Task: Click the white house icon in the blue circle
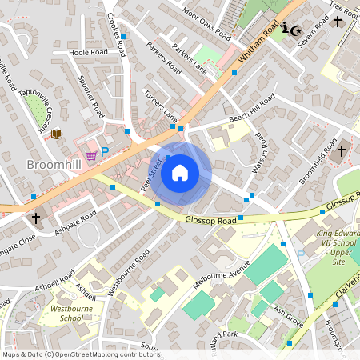pos(180,173)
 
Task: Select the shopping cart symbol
pos(91,155)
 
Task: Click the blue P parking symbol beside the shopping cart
pos(104,150)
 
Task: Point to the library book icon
pos(57,134)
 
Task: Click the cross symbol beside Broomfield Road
pos(342,150)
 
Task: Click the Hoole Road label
pos(88,52)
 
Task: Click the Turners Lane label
pos(161,106)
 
